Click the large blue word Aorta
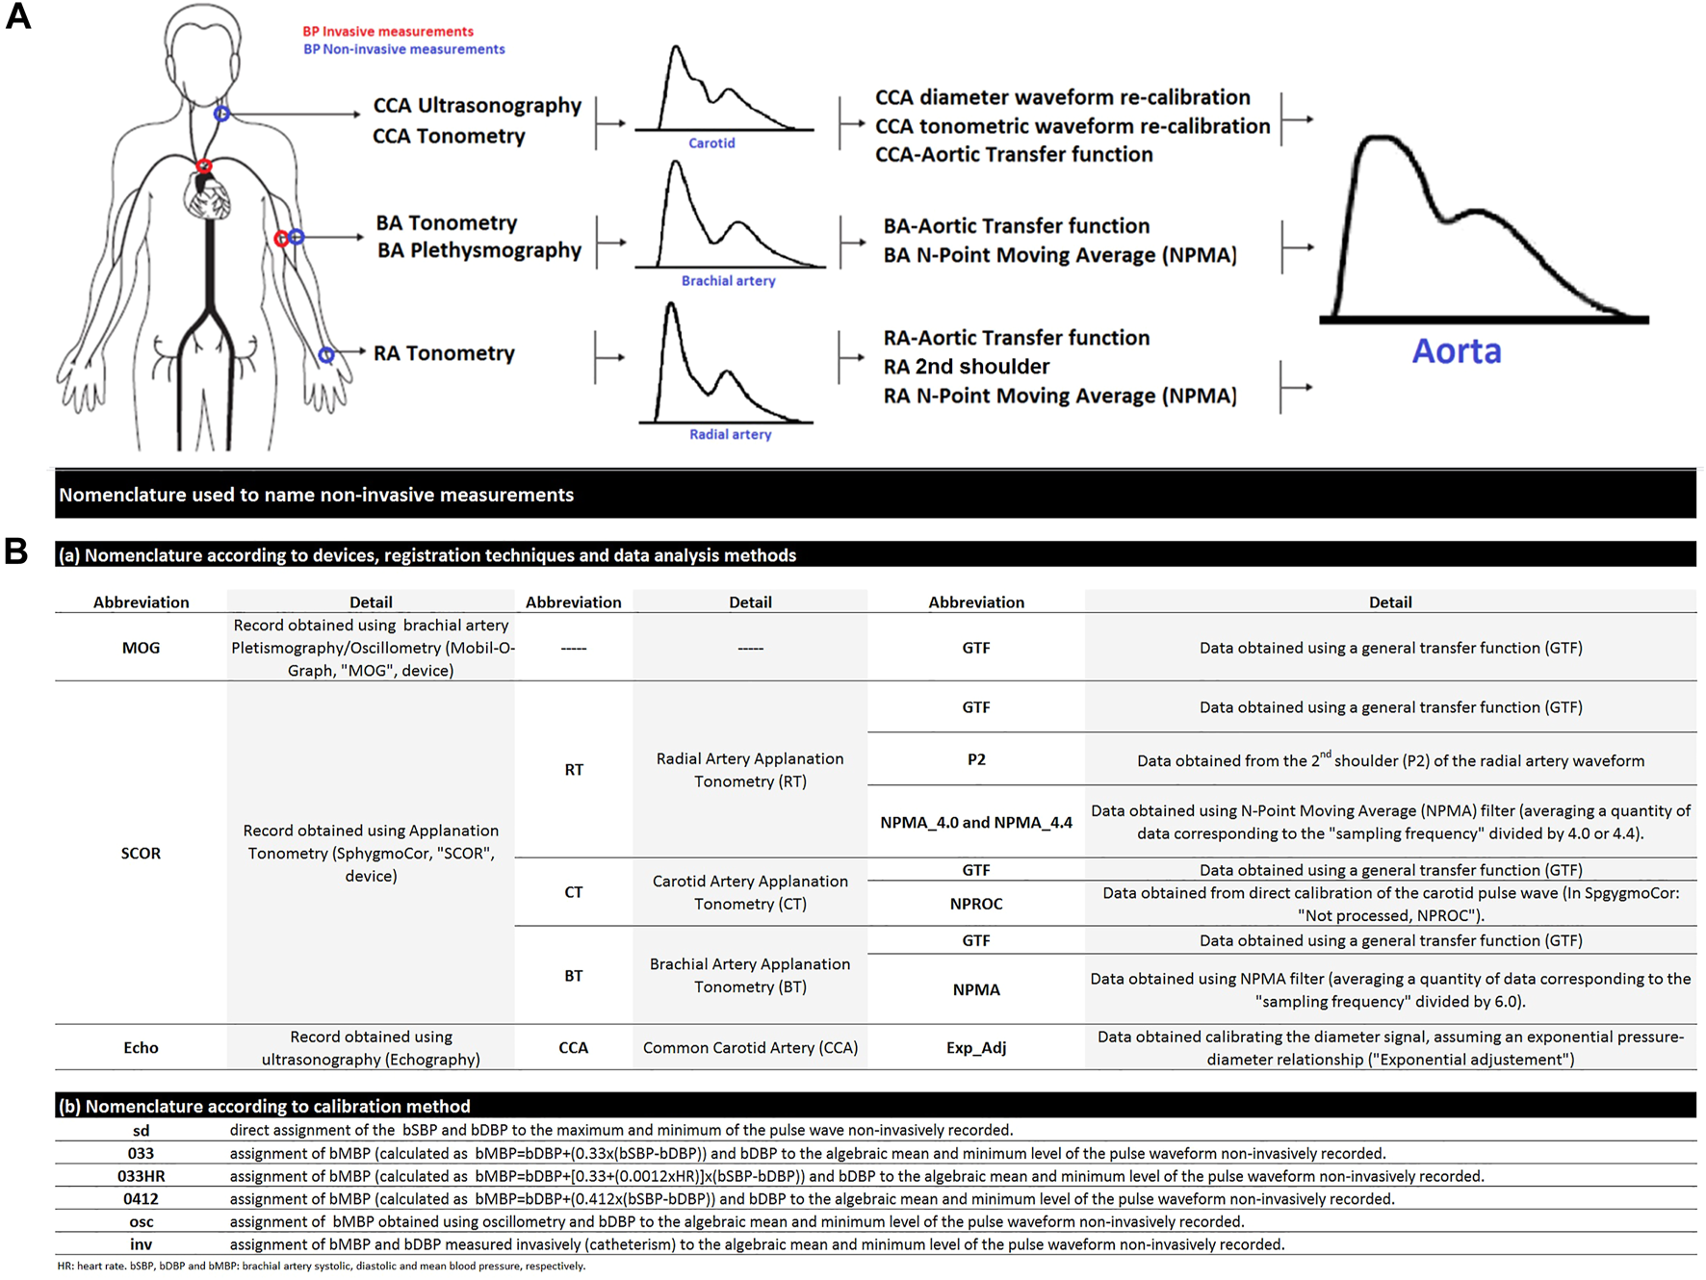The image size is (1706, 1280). coord(1456,351)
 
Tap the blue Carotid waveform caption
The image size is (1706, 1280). coord(711,143)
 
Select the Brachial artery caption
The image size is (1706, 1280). coord(728,281)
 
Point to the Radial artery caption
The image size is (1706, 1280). coord(730,434)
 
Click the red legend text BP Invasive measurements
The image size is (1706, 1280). coord(388,32)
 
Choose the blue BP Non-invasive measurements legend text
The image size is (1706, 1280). coord(403,49)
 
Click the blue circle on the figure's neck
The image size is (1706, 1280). coord(221,114)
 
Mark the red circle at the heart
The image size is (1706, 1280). coord(204,167)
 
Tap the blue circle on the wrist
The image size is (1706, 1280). coord(326,355)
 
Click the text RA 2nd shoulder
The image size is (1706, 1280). coord(966,367)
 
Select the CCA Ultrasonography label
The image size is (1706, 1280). coord(477,106)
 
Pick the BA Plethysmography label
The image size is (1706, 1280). coord(478,250)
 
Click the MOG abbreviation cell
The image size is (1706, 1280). coord(141,648)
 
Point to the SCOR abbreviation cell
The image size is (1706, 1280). coord(141,853)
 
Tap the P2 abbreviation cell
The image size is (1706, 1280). coord(975,759)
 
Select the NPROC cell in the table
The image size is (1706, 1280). coord(975,904)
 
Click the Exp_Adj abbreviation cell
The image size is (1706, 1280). coord(975,1047)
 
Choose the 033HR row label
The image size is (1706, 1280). coord(141,1176)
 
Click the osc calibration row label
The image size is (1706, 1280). coord(141,1221)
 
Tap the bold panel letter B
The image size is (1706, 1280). coord(16,551)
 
